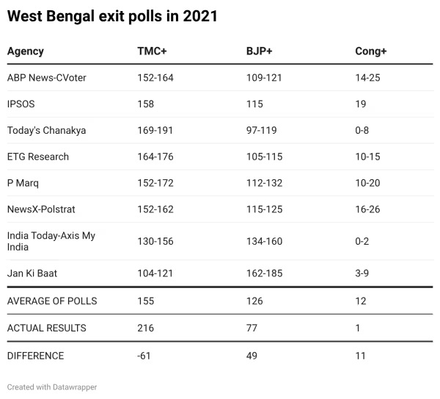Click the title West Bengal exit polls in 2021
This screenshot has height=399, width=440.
pyautogui.click(x=112, y=16)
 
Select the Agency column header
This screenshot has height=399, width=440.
pyautogui.click(x=26, y=51)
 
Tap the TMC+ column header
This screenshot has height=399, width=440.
pyautogui.click(x=151, y=51)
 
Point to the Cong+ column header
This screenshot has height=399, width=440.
pyautogui.click(x=370, y=51)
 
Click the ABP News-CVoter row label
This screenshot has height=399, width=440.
pyautogui.click(x=47, y=78)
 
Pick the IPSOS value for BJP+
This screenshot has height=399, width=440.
pyautogui.click(x=254, y=104)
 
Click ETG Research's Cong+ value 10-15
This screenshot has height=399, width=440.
pyautogui.click(x=367, y=157)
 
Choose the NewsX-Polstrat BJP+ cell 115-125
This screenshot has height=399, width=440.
pyautogui.click(x=264, y=209)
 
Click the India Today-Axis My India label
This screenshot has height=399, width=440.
pyautogui.click(x=51, y=241)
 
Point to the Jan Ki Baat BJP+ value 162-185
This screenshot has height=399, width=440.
pyautogui.click(x=264, y=273)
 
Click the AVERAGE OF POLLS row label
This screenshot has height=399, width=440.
pyautogui.click(x=52, y=301)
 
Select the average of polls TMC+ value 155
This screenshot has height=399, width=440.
pyautogui.click(x=146, y=301)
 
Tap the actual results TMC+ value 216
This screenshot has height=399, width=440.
pyautogui.click(x=146, y=328)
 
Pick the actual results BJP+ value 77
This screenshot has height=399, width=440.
pyautogui.click(x=252, y=328)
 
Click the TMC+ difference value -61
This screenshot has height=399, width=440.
pyautogui.click(x=144, y=356)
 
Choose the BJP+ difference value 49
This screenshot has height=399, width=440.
pyautogui.click(x=252, y=356)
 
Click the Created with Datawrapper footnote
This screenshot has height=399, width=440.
pyautogui.click(x=52, y=387)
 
